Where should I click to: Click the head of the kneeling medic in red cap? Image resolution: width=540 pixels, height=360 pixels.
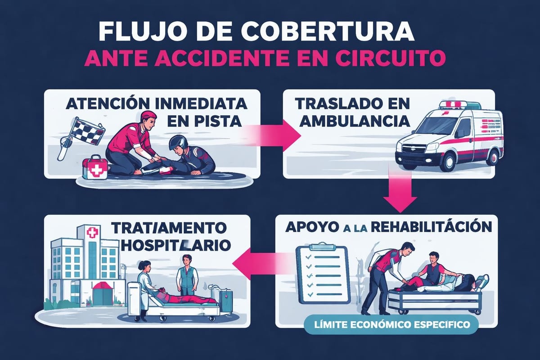pyautogui.click(x=148, y=122)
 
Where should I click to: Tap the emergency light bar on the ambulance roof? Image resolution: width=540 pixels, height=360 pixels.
pyautogui.click(x=457, y=104)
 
